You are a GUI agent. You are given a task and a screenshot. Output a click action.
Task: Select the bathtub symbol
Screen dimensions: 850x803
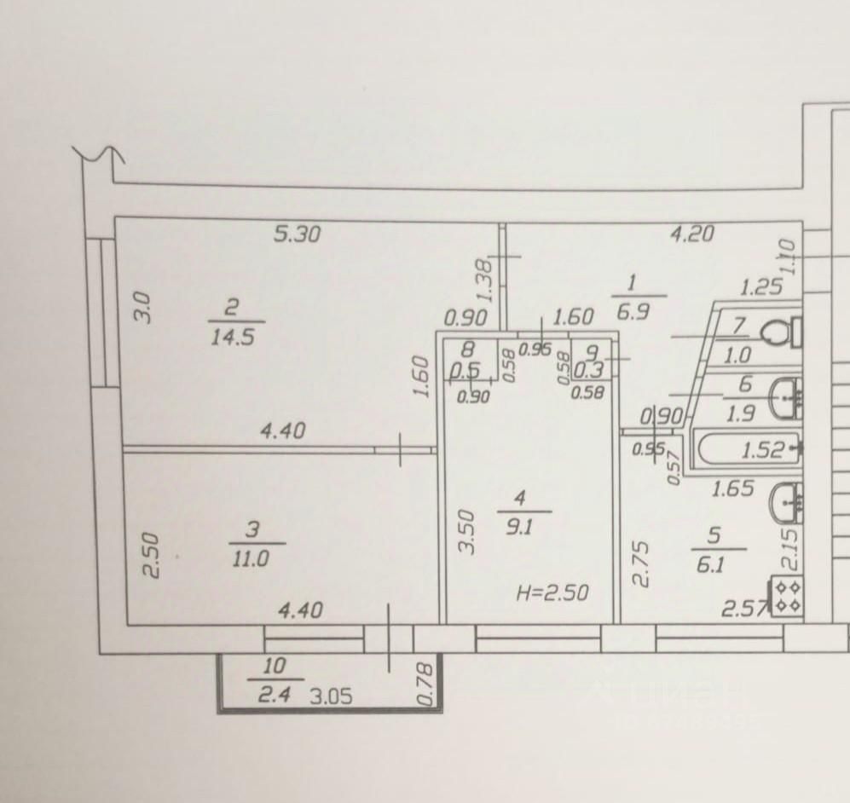748,448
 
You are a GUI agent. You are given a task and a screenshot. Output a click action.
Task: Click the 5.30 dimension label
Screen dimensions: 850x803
297,233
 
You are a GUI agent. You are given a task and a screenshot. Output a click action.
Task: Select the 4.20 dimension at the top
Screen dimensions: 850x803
691,233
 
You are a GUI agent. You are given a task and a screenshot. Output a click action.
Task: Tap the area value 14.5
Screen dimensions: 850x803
232,336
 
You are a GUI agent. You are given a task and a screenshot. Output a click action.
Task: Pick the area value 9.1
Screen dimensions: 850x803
519,526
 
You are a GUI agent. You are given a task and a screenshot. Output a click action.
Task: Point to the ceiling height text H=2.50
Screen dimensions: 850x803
552,592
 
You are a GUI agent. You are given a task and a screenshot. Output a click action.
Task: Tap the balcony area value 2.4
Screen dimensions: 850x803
274,694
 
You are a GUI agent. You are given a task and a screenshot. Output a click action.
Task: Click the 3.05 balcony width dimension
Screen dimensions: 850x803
331,696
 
